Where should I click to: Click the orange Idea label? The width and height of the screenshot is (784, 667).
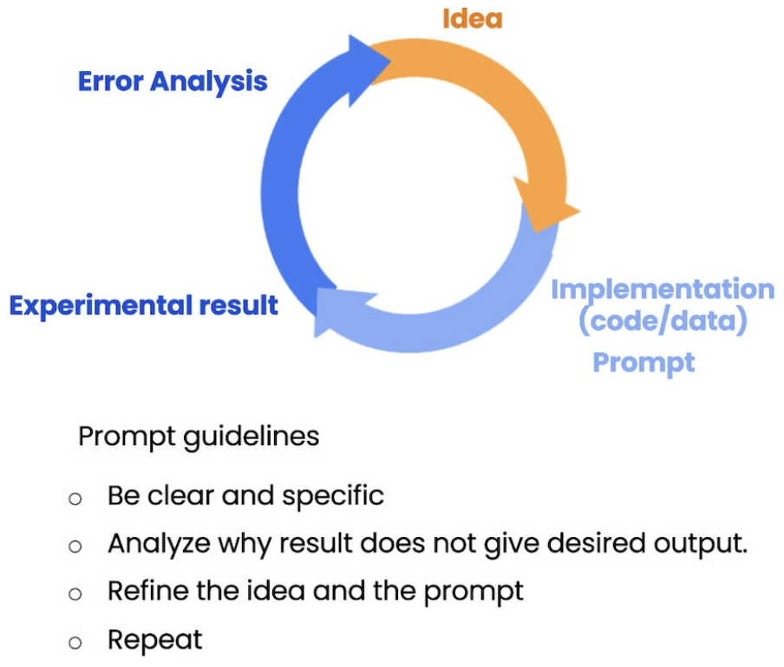point(472,18)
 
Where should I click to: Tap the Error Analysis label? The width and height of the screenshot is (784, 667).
point(173,81)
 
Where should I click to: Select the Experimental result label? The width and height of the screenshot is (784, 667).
point(143,305)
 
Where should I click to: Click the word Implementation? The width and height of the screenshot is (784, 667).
point(663,288)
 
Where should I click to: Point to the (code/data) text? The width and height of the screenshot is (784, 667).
point(663,321)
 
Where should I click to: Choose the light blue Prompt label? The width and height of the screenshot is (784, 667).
point(644,361)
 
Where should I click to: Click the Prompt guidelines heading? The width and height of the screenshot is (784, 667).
point(199,436)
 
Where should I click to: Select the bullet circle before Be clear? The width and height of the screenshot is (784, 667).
point(75,499)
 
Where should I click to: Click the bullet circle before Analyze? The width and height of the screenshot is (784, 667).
point(75,547)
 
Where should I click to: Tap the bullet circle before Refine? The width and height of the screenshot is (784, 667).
point(75,594)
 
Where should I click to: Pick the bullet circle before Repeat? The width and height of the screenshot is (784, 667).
point(75,643)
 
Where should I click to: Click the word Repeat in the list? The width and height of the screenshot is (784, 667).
point(154,640)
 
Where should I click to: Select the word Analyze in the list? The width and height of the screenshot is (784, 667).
point(157,545)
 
